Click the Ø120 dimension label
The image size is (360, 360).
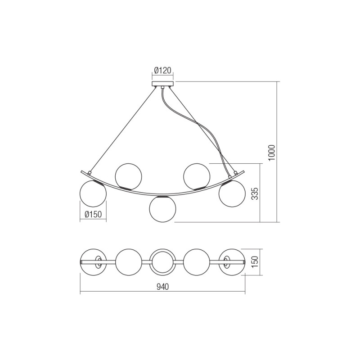click(x=162, y=70)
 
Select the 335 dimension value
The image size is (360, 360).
click(x=254, y=193)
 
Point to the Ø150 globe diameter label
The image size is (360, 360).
click(x=93, y=215)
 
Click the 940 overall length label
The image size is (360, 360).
click(x=162, y=288)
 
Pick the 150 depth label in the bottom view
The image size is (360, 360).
click(x=254, y=261)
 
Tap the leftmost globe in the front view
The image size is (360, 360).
click(x=93, y=194)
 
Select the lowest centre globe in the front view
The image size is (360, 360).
click(x=162, y=209)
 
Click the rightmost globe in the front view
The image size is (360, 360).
click(x=232, y=194)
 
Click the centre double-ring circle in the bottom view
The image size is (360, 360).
click(x=162, y=262)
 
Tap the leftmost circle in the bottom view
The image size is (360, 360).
click(x=94, y=262)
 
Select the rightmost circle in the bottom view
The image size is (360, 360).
click(x=231, y=262)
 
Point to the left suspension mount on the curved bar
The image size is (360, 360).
click(x=90, y=173)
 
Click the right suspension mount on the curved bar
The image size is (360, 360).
click(x=234, y=173)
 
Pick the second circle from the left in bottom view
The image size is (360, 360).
click(x=129, y=262)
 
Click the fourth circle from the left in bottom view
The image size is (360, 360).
click(x=197, y=262)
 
